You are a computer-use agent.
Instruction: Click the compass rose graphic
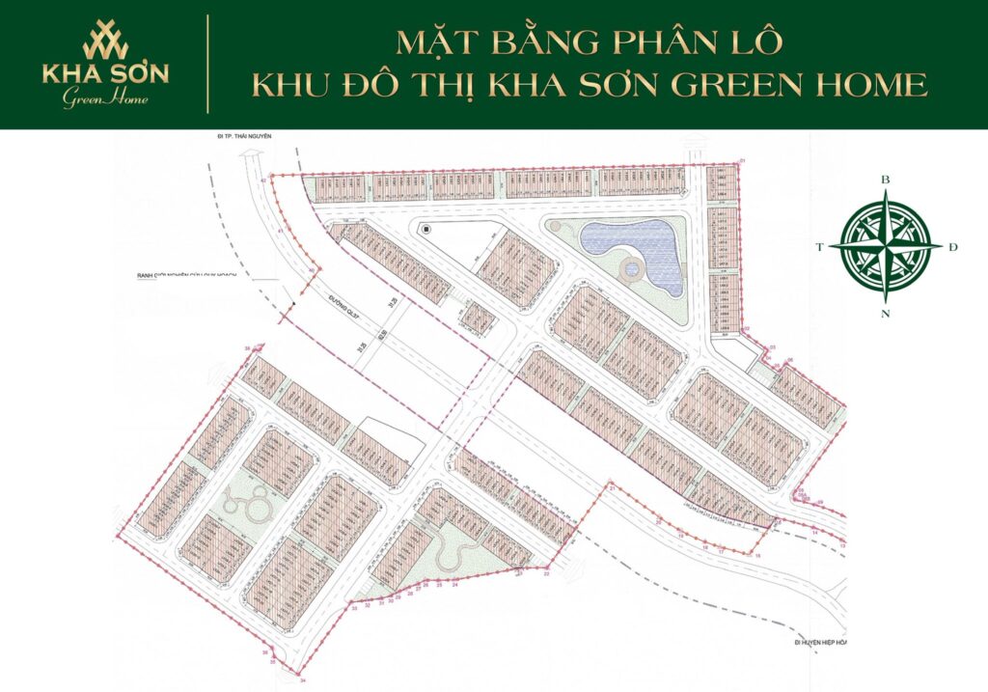point(886,247)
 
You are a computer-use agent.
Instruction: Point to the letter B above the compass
point(886,180)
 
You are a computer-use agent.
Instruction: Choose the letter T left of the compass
point(820,248)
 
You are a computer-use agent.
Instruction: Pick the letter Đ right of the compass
point(953,248)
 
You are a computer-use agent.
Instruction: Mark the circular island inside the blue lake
point(634,269)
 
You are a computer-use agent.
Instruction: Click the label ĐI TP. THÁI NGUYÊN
point(245,138)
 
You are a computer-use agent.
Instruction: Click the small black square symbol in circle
point(425,229)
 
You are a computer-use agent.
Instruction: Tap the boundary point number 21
point(611,489)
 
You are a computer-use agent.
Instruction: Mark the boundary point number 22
point(546,573)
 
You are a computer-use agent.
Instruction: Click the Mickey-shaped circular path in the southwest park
point(239,502)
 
